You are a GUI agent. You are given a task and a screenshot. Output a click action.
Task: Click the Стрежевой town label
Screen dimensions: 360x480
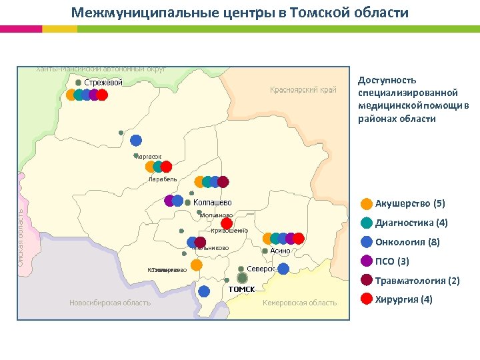[x=103, y=83]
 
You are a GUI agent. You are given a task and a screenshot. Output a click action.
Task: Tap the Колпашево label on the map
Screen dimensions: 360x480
[x=212, y=202]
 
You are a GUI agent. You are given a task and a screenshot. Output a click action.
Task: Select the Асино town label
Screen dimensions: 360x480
[x=280, y=251]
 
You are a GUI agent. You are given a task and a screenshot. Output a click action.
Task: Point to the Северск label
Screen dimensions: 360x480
[x=261, y=269]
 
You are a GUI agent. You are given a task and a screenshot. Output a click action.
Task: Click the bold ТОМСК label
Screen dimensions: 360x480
[x=242, y=289]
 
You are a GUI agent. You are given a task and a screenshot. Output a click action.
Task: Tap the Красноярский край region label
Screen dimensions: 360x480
[x=303, y=90]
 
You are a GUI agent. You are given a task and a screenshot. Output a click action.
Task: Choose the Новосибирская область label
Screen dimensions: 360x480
[x=110, y=303]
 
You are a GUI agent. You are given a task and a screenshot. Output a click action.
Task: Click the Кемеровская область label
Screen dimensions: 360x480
[x=300, y=303]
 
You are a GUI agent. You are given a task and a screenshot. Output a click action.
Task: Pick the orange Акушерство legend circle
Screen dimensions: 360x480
[x=367, y=204]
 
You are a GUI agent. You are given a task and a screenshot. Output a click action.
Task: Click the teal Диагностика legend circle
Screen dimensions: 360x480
[x=367, y=223]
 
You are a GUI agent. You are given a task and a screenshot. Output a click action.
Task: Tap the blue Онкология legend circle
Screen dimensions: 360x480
[x=367, y=242]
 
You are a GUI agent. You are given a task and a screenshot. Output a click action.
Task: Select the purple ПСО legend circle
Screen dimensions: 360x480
[x=367, y=261]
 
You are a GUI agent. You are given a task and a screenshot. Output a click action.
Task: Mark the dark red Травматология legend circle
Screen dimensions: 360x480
[x=367, y=280]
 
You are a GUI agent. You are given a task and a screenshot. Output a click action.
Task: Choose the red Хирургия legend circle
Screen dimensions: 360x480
[x=367, y=299]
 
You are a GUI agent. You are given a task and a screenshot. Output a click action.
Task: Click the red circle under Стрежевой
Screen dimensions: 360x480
[x=102, y=95]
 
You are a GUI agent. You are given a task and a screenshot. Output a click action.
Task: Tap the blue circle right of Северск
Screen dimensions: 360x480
[x=284, y=269]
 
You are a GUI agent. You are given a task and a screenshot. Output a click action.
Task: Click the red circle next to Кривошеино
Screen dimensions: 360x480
[x=227, y=223]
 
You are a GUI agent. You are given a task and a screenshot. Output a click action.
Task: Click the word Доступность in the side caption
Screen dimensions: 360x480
[x=387, y=79]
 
